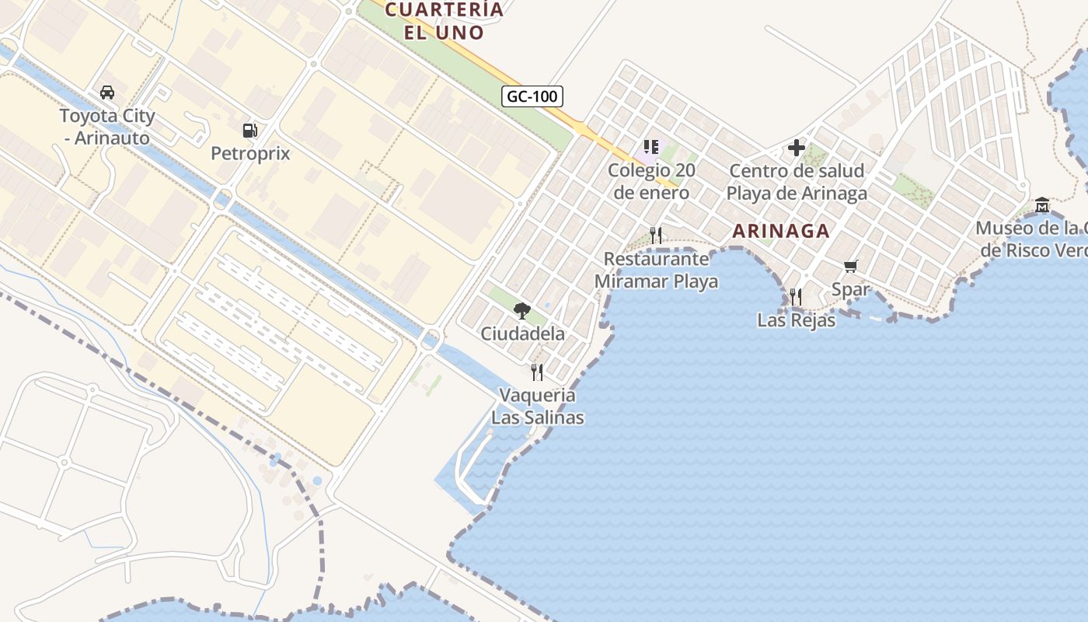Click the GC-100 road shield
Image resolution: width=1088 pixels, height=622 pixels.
tap(532, 96)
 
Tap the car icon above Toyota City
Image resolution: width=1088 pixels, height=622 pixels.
tap(107, 93)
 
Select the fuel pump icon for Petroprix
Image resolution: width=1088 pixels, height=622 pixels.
tap(249, 131)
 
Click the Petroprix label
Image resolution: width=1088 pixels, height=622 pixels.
tap(250, 153)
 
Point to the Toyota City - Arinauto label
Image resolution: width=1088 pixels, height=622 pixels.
tap(107, 127)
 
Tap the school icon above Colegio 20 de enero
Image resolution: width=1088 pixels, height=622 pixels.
tap(650, 146)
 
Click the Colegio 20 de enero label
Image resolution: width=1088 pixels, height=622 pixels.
tap(651, 181)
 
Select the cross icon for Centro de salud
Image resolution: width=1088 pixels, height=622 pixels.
tap(797, 147)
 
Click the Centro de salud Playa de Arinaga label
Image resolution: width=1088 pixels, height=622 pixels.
tap(797, 182)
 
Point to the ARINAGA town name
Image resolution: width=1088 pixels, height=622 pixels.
tap(781, 231)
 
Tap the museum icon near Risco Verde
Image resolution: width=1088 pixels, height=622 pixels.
tap(1042, 205)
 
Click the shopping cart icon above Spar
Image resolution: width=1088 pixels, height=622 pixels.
tap(851, 267)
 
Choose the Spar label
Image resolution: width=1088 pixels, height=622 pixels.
tap(850, 290)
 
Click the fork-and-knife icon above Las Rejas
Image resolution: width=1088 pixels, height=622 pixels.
tap(795, 296)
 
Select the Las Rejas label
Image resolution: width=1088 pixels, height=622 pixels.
tap(796, 320)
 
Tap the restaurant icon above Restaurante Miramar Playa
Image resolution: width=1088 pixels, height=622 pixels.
tap(656, 235)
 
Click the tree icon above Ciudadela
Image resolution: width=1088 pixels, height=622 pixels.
tap(522, 311)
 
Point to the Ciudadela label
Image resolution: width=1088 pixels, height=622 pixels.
tap(522, 334)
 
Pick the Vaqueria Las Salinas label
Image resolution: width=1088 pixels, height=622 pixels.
tap(537, 406)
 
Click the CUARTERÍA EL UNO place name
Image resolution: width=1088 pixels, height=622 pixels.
tap(445, 21)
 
